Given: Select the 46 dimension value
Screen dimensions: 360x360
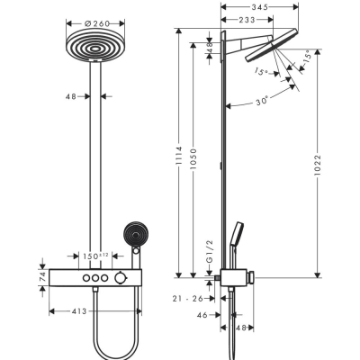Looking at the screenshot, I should [203, 316].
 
